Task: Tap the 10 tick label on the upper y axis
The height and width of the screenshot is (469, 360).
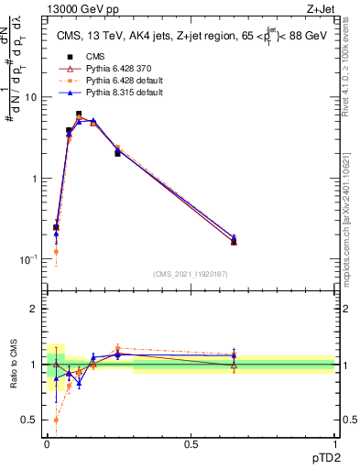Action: [30, 97]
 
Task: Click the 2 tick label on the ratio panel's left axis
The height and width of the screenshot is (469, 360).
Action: [34, 309]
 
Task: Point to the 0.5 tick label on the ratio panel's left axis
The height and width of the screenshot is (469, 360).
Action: [30, 420]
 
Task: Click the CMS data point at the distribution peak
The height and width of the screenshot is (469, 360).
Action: [79, 115]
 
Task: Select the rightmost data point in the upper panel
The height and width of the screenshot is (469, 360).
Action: [234, 241]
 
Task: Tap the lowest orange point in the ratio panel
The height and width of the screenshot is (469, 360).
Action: [56, 420]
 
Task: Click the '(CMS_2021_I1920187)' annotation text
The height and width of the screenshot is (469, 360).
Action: [190, 274]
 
